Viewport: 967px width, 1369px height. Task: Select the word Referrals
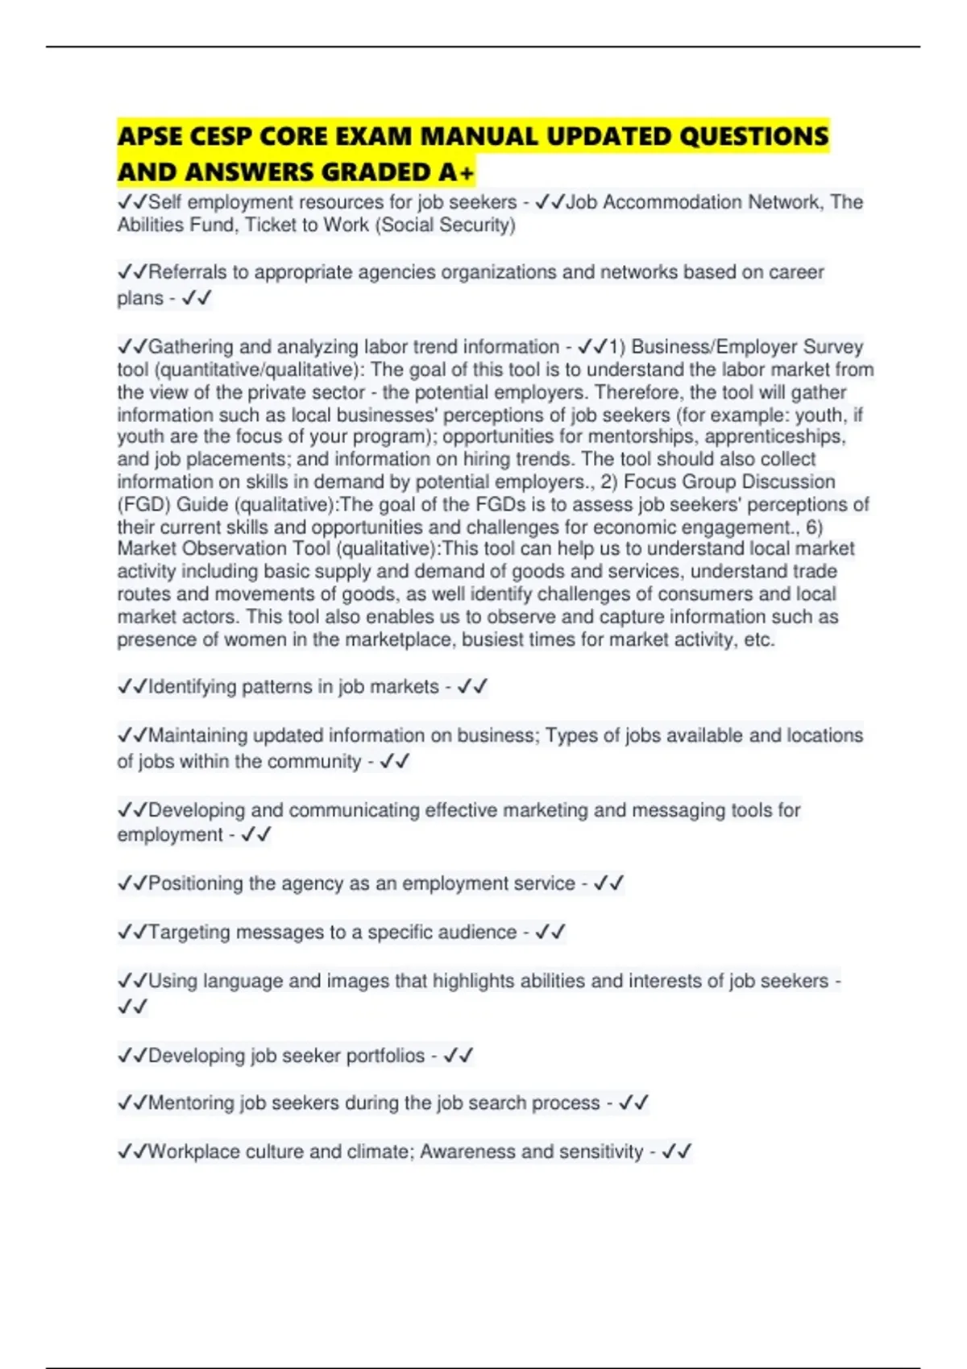(x=188, y=272)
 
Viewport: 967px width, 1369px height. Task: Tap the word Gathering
(x=191, y=347)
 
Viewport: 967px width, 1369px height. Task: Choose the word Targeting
(x=189, y=933)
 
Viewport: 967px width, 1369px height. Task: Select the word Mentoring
(x=191, y=1103)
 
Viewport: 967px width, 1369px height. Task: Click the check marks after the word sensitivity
(x=676, y=1152)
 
